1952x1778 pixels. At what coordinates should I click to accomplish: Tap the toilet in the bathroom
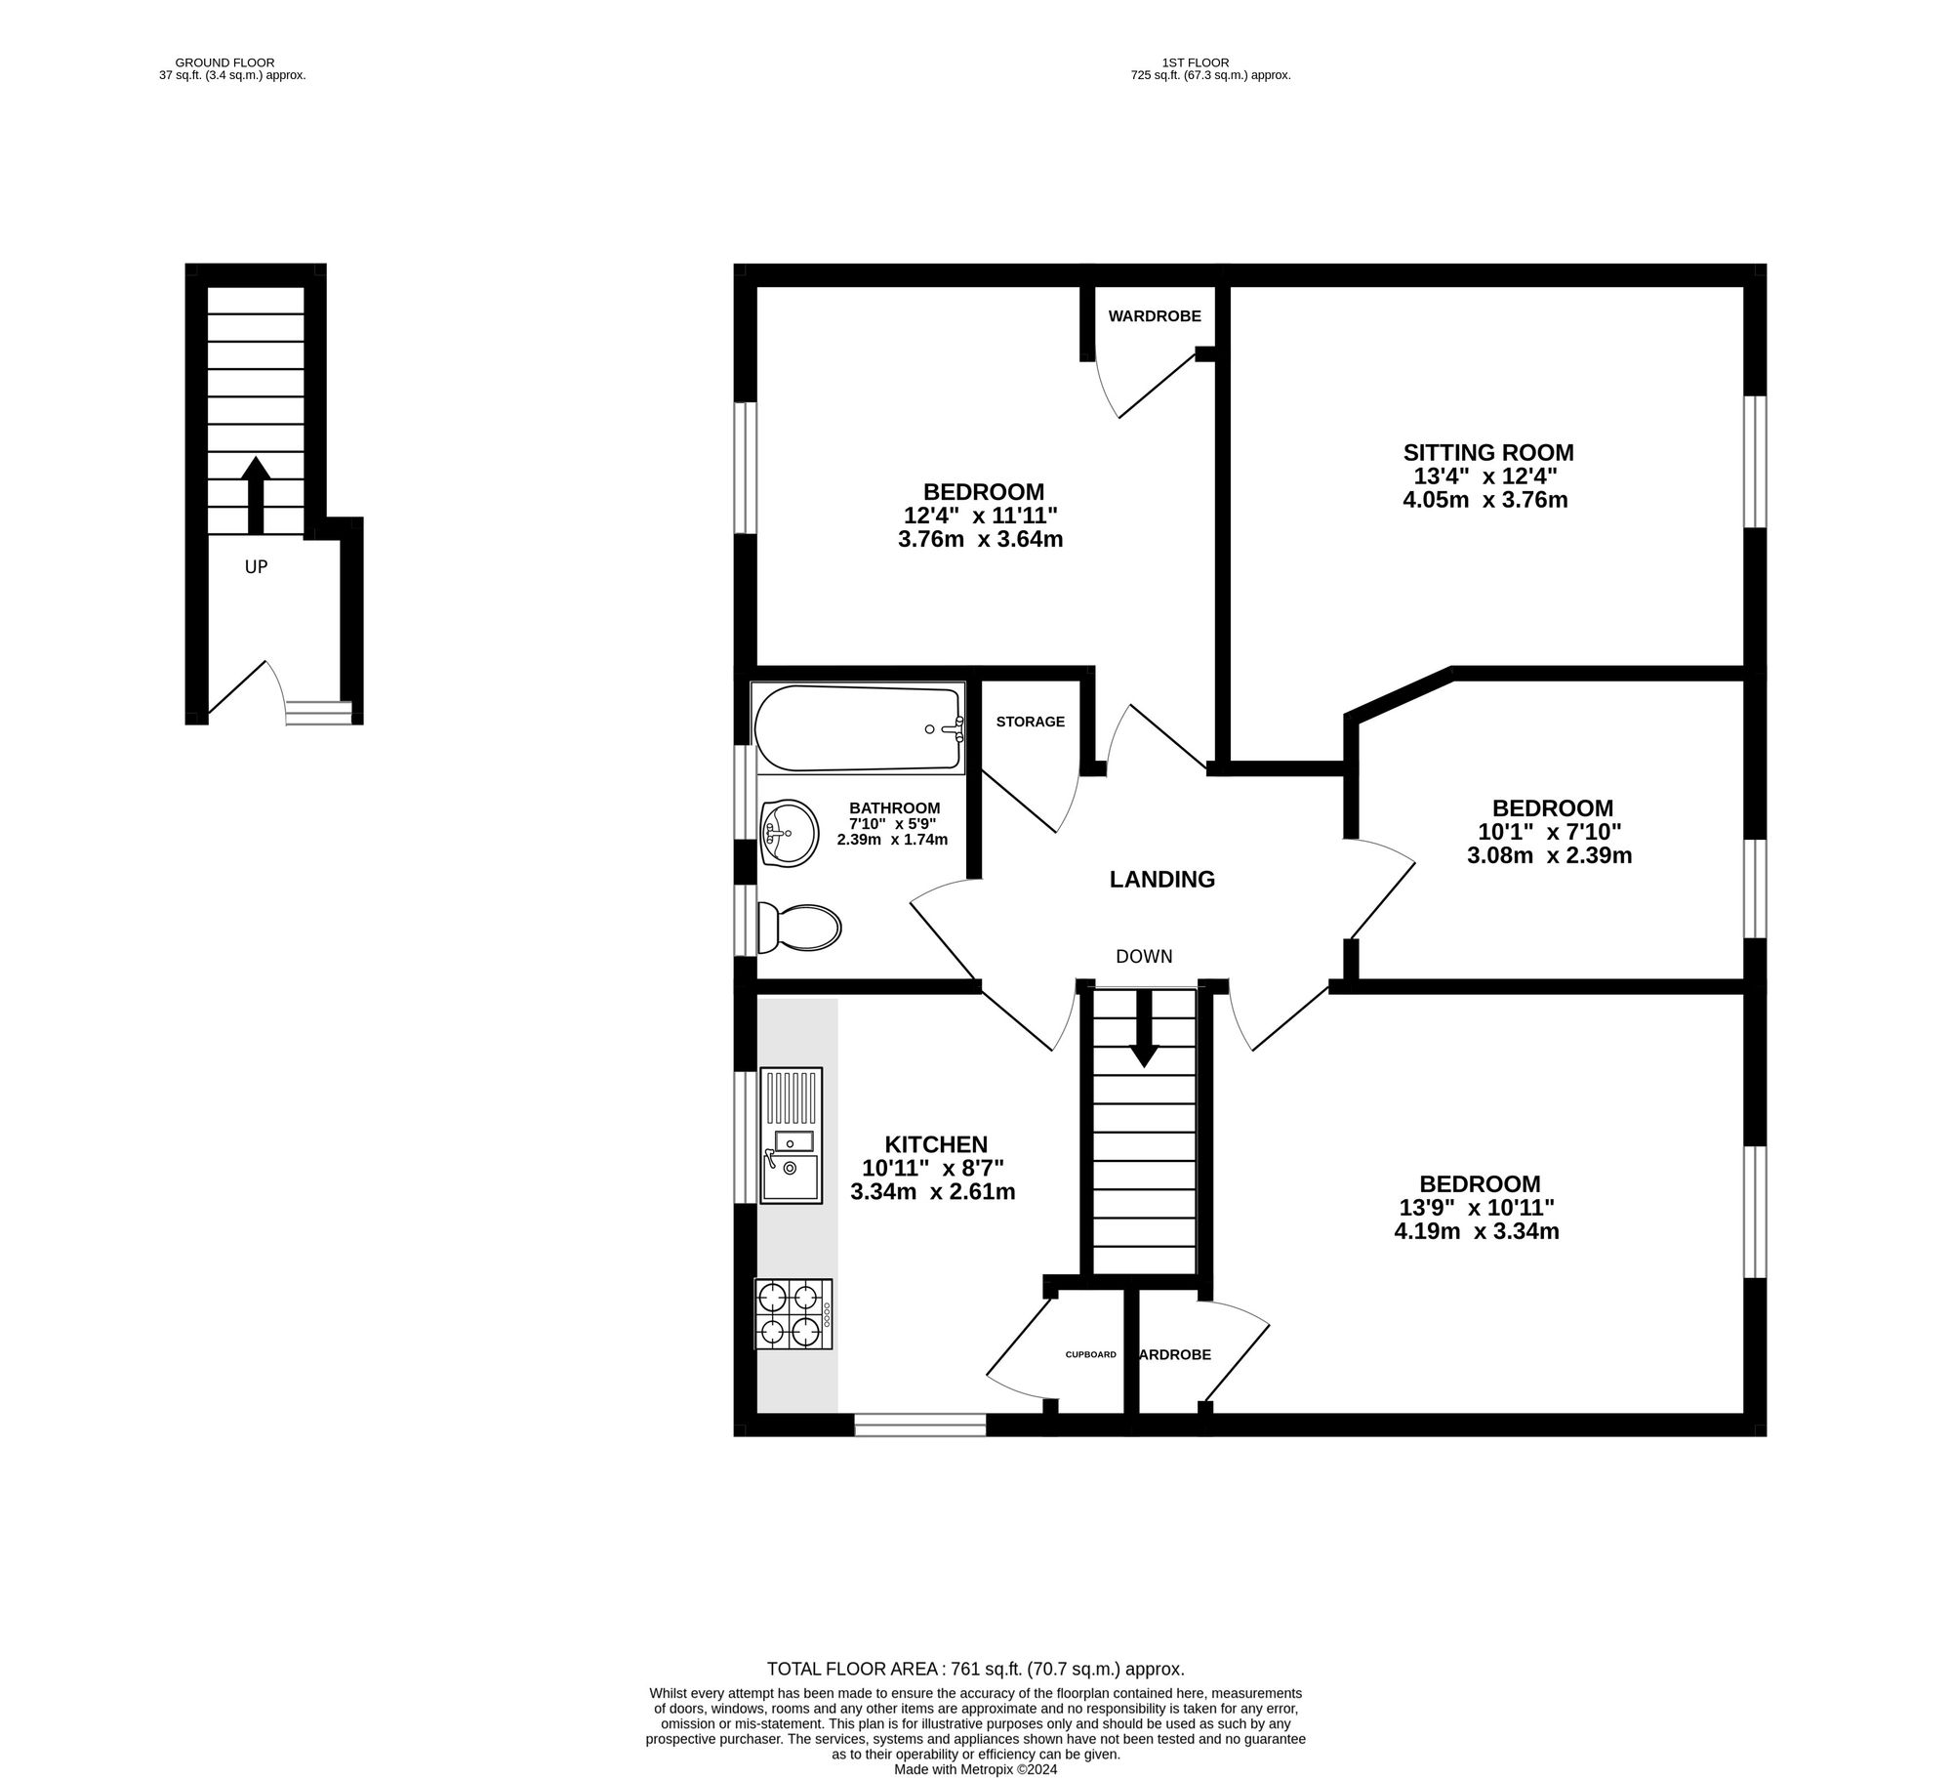(x=799, y=927)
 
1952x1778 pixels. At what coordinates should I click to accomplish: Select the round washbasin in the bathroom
(x=790, y=833)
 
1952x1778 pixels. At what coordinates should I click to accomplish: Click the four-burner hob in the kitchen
(x=793, y=1314)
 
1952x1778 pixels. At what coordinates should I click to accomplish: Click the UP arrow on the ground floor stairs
(x=256, y=494)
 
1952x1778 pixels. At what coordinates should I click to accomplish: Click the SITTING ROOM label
(x=1488, y=453)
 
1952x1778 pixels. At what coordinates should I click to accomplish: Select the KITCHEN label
(x=936, y=1144)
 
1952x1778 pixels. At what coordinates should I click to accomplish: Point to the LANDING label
(x=1162, y=880)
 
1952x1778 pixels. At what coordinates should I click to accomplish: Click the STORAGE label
(x=1031, y=722)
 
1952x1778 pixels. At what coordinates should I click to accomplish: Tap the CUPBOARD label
(x=1090, y=1354)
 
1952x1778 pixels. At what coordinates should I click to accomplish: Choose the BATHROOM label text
(x=895, y=807)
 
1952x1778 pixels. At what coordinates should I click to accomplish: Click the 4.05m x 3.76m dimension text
(x=1484, y=500)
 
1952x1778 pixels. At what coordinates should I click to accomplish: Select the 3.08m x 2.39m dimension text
(x=1550, y=855)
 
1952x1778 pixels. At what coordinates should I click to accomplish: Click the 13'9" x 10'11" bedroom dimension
(x=1477, y=1208)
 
